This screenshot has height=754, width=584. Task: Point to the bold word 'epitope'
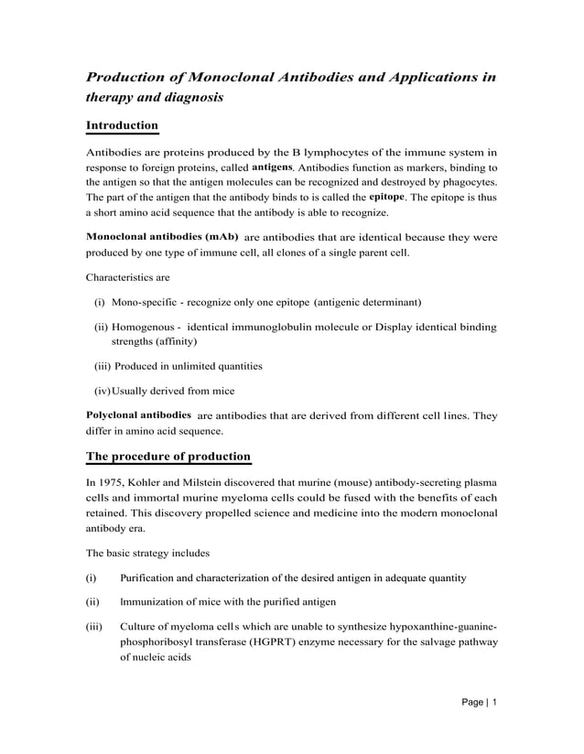pyautogui.click(x=386, y=197)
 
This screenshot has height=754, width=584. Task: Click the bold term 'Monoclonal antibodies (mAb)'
pyautogui.click(x=162, y=236)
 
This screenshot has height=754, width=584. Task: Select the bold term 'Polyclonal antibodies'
pyautogui.click(x=138, y=415)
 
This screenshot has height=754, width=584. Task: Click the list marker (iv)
pyautogui.click(x=102, y=392)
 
